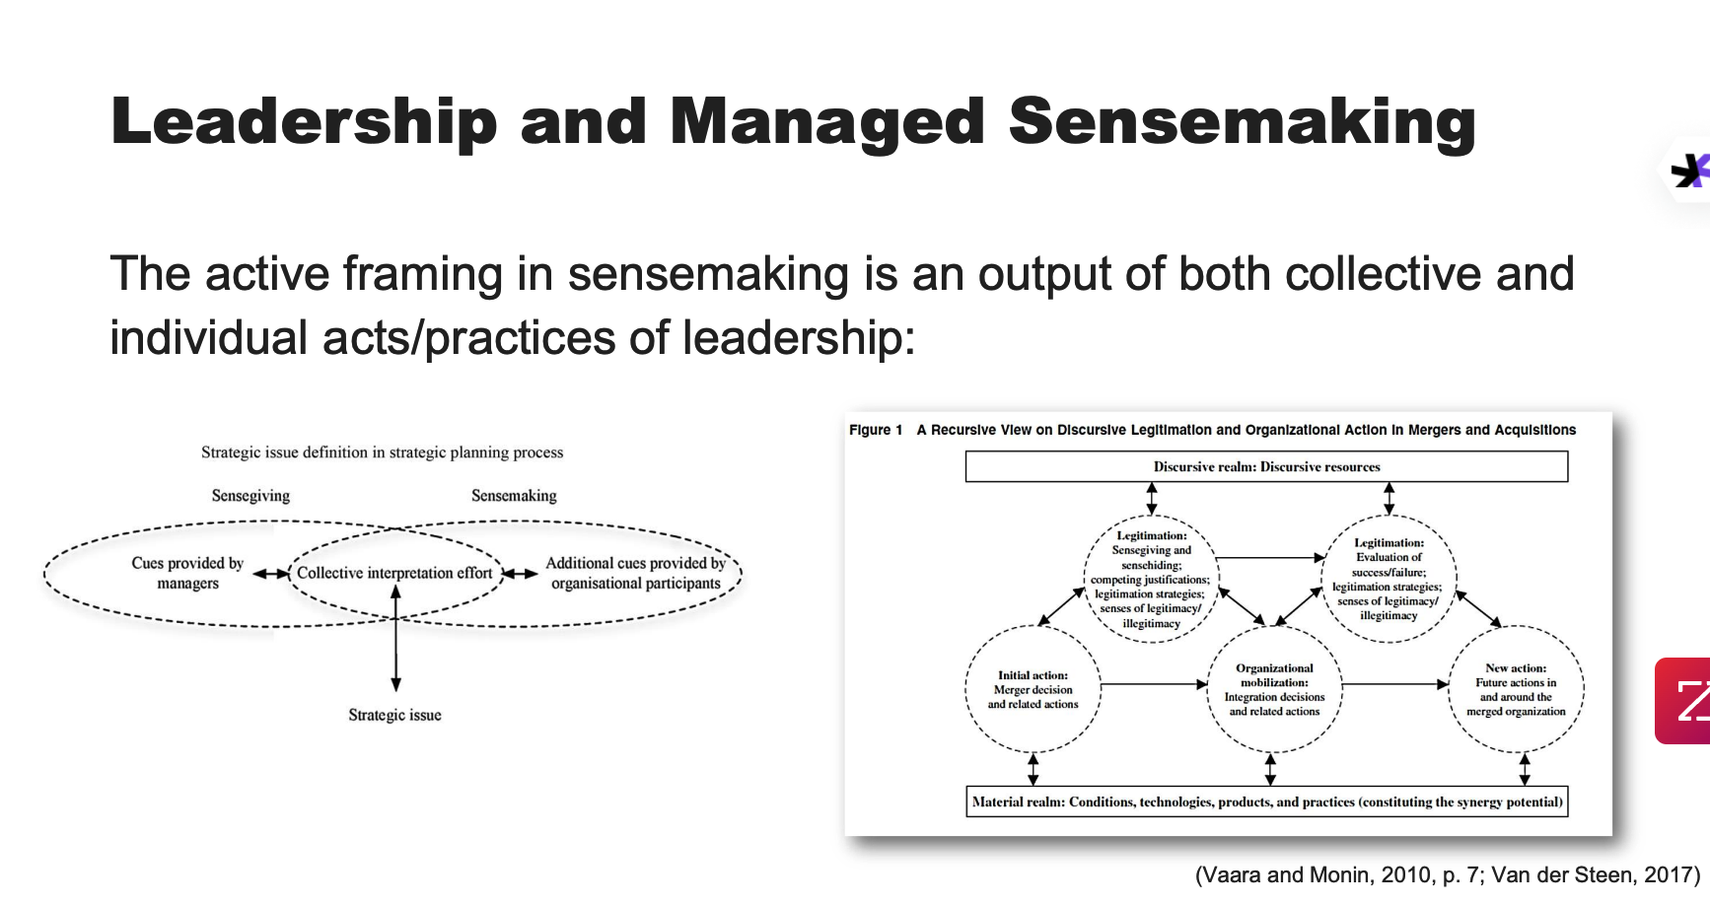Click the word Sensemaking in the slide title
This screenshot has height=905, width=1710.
pos(1242,122)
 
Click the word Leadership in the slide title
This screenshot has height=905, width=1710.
pos(304,122)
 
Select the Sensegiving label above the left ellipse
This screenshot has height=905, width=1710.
pos(250,496)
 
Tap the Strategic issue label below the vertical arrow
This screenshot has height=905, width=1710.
pos(394,716)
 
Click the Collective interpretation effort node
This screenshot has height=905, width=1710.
pos(394,573)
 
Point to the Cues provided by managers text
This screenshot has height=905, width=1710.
pos(187,573)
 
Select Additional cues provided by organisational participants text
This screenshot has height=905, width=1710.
pos(635,573)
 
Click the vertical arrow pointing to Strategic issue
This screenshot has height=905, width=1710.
pos(395,641)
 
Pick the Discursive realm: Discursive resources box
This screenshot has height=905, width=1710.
pos(1266,467)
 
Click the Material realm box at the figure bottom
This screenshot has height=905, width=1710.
pos(1266,801)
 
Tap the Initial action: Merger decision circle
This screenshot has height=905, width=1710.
pos(1033,690)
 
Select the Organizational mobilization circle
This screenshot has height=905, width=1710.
pos(1274,690)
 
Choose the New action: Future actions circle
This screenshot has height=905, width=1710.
pos(1516,690)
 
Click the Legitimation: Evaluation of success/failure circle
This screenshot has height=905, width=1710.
pos(1389,579)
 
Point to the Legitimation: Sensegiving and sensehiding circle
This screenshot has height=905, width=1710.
pos(1151,580)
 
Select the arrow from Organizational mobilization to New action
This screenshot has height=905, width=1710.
pos(1394,684)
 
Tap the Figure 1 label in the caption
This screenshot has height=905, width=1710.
pos(876,430)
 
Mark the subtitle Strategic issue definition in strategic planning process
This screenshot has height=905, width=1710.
pos(382,452)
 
